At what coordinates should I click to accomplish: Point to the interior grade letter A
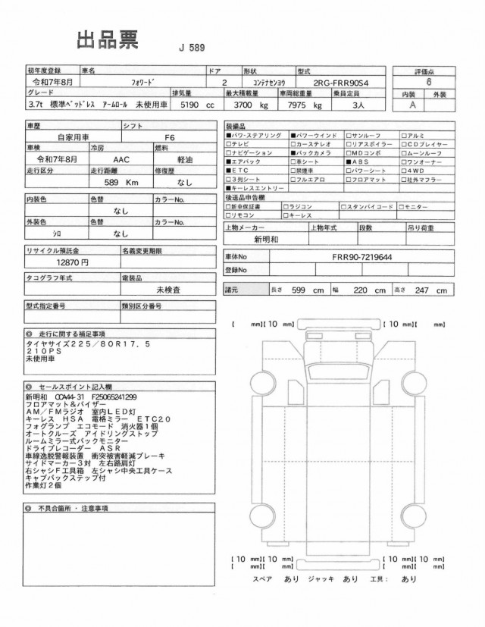tap(412, 105)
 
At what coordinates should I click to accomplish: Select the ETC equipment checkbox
tap(229, 171)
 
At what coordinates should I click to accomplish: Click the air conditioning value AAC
tap(120, 160)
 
